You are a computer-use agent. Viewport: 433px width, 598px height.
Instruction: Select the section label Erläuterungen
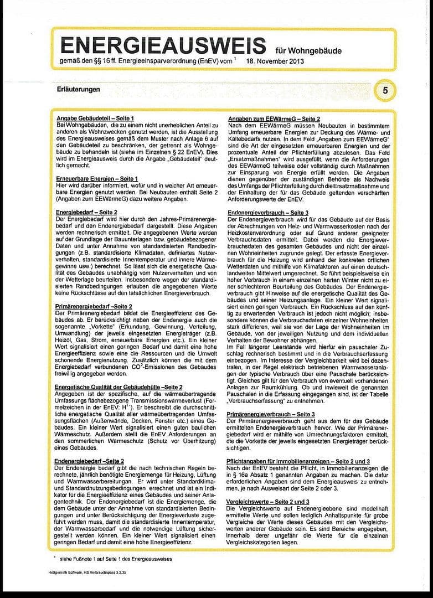point(78,89)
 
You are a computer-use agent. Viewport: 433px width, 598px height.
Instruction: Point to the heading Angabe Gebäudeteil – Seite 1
point(95,118)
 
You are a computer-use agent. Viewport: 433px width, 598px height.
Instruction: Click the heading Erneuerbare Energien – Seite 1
point(97,178)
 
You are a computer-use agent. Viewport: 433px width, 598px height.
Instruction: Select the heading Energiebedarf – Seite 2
point(86,212)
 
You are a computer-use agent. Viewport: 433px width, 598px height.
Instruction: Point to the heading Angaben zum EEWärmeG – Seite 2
point(274,118)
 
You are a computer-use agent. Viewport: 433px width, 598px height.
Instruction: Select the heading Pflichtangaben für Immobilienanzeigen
point(299,461)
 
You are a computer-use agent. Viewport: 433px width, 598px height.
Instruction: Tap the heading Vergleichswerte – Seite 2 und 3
point(269,501)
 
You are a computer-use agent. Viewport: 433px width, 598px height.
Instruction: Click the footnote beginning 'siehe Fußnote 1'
point(116,560)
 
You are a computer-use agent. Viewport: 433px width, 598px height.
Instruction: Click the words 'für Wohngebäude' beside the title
point(308,50)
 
